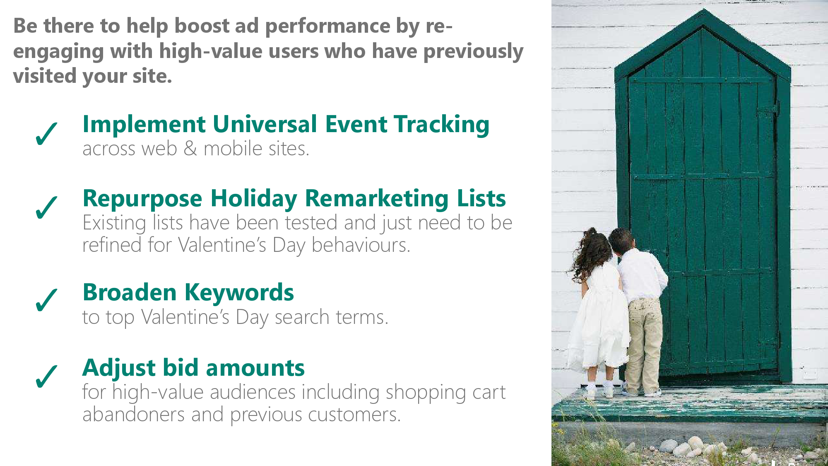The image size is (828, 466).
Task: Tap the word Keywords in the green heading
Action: (239, 292)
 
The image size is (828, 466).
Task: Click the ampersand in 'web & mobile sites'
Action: (190, 149)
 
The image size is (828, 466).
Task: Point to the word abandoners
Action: (133, 414)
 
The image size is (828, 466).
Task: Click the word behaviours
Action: (361, 245)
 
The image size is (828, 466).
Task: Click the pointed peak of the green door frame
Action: (703, 10)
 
